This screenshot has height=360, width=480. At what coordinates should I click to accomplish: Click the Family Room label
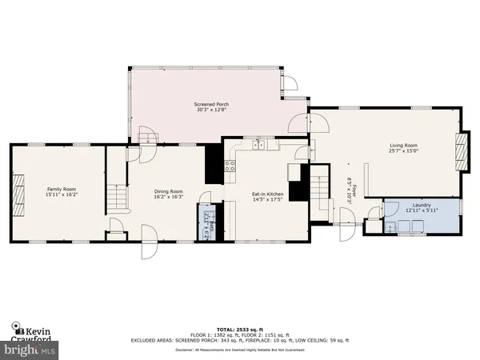[61, 188]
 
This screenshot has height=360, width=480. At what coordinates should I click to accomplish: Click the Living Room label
[404, 145]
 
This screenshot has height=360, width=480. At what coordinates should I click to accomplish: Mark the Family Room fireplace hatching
[18, 192]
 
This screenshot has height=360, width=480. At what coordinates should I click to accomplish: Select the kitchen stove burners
[230, 166]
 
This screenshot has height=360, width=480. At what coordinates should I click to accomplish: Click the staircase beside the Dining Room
[118, 196]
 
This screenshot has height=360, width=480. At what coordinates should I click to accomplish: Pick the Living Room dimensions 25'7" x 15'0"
[404, 151]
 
